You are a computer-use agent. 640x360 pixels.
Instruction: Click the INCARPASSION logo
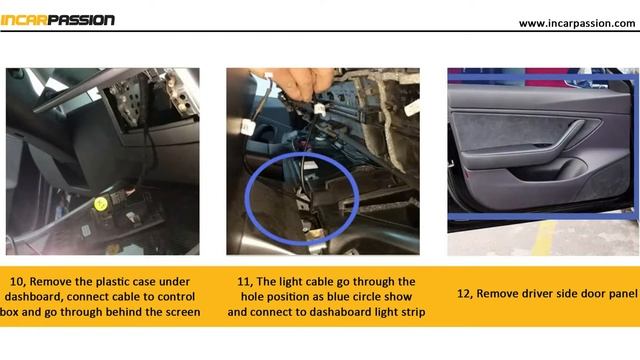57,20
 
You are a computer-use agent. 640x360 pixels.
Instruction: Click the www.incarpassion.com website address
577,24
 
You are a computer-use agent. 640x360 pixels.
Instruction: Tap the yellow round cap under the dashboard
101,204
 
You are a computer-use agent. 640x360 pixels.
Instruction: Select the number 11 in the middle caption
244,282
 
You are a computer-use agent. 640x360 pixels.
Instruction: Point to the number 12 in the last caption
464,294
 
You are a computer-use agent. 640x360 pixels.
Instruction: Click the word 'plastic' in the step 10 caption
113,282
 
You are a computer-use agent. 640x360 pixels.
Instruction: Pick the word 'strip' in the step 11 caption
412,313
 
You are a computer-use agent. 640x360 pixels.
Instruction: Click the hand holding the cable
295,82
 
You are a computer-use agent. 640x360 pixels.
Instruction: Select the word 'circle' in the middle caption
366,297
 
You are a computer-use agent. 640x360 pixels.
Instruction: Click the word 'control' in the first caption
174,297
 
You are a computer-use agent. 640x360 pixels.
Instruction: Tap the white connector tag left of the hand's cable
248,127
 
